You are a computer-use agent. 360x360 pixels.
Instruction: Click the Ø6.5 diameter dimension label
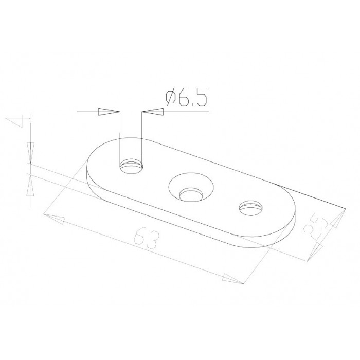click(x=186, y=97)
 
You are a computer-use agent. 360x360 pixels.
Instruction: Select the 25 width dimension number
click(x=316, y=226)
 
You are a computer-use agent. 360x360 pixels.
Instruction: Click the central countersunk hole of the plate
click(x=191, y=188)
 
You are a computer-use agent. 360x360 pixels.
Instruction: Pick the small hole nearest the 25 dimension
click(x=251, y=208)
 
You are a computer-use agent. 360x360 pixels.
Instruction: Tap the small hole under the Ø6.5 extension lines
click(x=132, y=167)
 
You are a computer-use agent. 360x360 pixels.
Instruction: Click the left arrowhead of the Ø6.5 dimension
click(x=109, y=112)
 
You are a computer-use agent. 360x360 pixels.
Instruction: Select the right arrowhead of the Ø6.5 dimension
click(x=153, y=112)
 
